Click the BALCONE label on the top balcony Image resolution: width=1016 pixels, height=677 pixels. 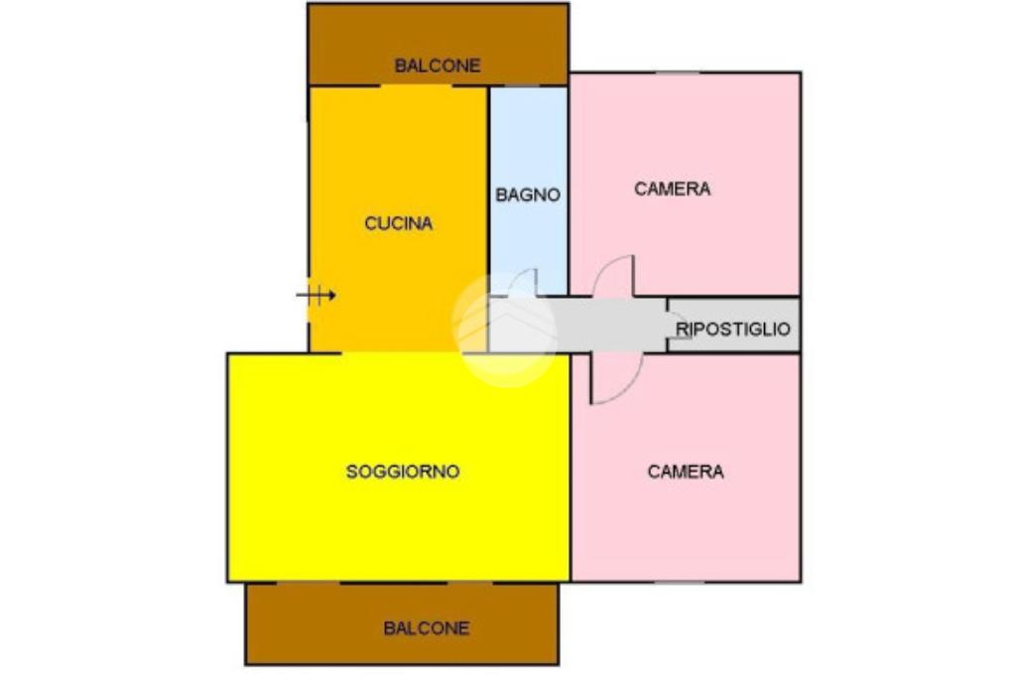tap(438, 66)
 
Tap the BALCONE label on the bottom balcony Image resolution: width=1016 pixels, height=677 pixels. tap(426, 628)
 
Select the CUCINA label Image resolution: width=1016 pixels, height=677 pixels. tap(398, 223)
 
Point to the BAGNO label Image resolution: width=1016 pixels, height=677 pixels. tap(528, 196)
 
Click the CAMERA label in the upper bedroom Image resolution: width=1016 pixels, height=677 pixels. tap(673, 189)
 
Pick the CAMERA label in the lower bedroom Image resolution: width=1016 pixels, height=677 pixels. tap(686, 472)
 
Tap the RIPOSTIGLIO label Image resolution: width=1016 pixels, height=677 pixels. tap(733, 329)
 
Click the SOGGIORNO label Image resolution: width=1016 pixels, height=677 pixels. tap(403, 472)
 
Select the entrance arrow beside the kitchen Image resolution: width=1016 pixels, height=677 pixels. tap(317, 295)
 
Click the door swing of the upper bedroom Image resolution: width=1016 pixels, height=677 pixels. tap(615, 278)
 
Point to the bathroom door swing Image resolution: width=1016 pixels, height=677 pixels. tap(524, 283)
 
